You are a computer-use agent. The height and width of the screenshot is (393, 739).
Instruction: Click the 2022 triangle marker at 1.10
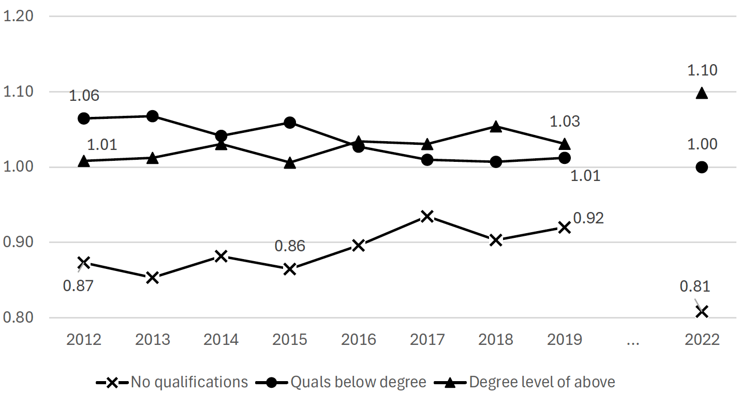[702, 93]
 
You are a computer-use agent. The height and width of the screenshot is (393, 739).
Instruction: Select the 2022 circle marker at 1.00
[702, 167]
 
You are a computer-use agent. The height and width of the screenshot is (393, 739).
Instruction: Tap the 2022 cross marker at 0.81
[702, 312]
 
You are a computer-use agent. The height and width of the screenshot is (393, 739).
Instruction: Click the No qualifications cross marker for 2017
[427, 216]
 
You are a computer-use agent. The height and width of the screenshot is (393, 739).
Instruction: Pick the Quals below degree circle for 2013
[152, 116]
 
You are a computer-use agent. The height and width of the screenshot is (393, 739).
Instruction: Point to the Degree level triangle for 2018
[496, 127]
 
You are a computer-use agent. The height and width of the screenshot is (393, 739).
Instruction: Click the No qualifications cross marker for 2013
[152, 278]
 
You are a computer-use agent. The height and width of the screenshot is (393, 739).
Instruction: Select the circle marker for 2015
[290, 123]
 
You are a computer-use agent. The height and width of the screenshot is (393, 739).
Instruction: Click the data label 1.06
[84, 96]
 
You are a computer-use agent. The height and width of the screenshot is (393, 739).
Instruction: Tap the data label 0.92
[589, 218]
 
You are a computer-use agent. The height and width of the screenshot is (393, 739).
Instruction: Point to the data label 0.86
[290, 246]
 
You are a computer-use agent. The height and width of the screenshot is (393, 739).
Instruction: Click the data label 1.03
[564, 122]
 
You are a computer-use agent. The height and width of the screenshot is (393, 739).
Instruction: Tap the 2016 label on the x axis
[359, 340]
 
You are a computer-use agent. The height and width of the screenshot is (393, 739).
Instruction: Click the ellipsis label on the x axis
[632, 340]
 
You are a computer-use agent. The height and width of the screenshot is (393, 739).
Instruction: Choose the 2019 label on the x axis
[564, 340]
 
